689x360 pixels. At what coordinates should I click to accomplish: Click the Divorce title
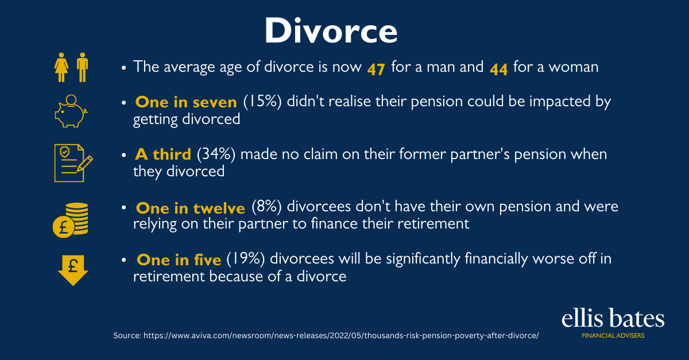tap(331, 31)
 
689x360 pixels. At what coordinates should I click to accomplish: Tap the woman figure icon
tap(61, 67)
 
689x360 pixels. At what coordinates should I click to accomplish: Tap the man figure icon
tap(82, 67)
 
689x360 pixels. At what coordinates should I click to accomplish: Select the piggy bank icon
tap(71, 111)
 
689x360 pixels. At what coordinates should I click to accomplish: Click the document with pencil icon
tap(73, 162)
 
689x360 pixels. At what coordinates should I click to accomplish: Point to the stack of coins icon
tap(71, 220)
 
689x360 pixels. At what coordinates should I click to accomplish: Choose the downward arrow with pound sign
tap(73, 270)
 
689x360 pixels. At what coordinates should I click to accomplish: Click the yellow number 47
tap(376, 69)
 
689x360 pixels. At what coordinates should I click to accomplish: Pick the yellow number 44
tap(498, 69)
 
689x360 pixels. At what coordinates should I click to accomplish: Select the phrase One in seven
tap(186, 102)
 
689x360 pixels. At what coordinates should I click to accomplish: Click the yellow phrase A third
tap(163, 154)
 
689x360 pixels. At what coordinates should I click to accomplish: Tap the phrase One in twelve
tap(191, 208)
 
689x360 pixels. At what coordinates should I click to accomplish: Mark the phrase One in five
tap(179, 260)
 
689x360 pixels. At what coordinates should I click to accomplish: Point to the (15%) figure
tap(262, 102)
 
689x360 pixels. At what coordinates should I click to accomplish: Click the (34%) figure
tap(216, 154)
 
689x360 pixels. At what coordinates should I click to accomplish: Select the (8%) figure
tap(266, 207)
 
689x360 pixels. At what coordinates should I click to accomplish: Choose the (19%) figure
tap(246, 259)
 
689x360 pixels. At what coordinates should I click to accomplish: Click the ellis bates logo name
tap(613, 318)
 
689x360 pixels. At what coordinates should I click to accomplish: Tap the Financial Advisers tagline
tap(613, 336)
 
